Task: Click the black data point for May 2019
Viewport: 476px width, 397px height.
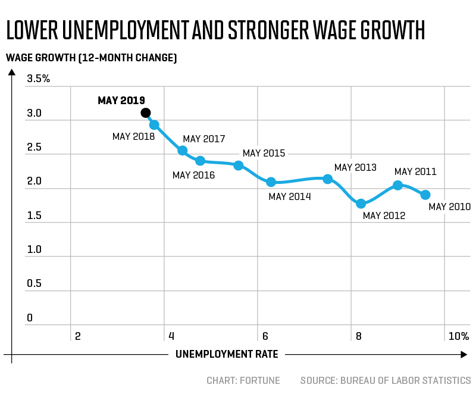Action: [x=146, y=112]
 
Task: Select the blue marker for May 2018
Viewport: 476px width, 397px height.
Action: [x=154, y=125]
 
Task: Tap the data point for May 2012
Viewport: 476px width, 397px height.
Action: [x=361, y=204]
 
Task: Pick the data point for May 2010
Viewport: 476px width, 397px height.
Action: [x=425, y=195]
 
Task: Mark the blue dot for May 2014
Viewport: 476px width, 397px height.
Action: [x=271, y=182]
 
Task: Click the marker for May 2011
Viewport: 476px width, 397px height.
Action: [x=398, y=185]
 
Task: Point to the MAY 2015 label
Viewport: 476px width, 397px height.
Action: [x=264, y=154]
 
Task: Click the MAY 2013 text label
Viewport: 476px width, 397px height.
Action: [x=355, y=167]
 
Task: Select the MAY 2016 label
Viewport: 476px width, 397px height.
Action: [x=193, y=175]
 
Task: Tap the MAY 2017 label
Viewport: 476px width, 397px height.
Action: [x=203, y=139]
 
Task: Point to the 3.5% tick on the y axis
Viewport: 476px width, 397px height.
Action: [x=38, y=79]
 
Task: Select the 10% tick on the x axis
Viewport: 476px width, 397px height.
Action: [x=459, y=336]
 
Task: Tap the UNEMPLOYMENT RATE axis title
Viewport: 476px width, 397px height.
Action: [x=227, y=355]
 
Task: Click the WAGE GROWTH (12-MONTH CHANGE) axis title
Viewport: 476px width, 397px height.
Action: [x=91, y=58]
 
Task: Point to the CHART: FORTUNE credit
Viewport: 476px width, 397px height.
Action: [x=243, y=380]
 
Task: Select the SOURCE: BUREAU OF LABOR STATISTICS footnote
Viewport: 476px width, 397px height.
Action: [x=385, y=380]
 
